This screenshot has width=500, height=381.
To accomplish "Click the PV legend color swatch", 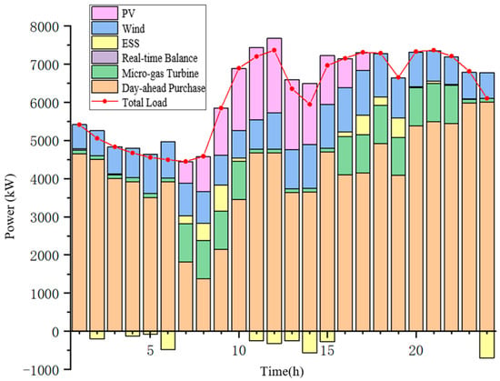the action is (x=105, y=14).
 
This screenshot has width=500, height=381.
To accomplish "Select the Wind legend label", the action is (x=134, y=29).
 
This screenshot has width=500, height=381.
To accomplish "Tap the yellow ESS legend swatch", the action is (x=105, y=43).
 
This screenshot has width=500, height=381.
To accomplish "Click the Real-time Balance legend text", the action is (x=160, y=58).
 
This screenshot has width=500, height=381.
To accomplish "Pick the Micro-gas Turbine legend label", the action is (x=160, y=74).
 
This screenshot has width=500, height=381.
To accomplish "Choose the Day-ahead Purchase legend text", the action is (x=164, y=87).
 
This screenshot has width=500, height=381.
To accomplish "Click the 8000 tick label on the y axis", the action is (x=45, y=26).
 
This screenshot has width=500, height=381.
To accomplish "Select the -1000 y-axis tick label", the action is (x=42, y=370).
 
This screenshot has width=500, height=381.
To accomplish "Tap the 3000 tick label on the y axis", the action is (x=45, y=217).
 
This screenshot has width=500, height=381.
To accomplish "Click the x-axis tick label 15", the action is (x=327, y=351).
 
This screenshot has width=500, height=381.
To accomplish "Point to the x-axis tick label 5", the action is (x=150, y=351).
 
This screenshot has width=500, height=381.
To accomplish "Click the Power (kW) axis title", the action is (x=10, y=206).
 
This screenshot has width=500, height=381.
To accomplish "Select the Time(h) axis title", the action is (x=282, y=371).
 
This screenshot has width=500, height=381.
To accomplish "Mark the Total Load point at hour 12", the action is (x=275, y=50).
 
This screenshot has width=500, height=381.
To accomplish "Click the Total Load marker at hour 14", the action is (x=310, y=105).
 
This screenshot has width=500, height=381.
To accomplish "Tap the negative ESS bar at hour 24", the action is (x=487, y=345).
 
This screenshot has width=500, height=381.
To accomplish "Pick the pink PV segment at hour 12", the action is (x=275, y=75).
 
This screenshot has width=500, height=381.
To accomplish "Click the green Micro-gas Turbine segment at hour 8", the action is (x=204, y=259).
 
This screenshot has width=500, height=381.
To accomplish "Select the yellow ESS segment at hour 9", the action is (x=221, y=198).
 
